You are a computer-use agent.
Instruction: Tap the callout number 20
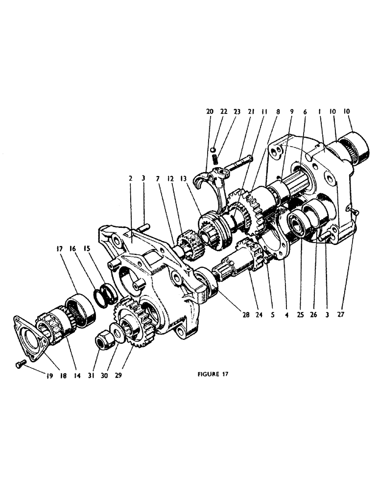210,112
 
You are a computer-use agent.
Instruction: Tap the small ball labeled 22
213,149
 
